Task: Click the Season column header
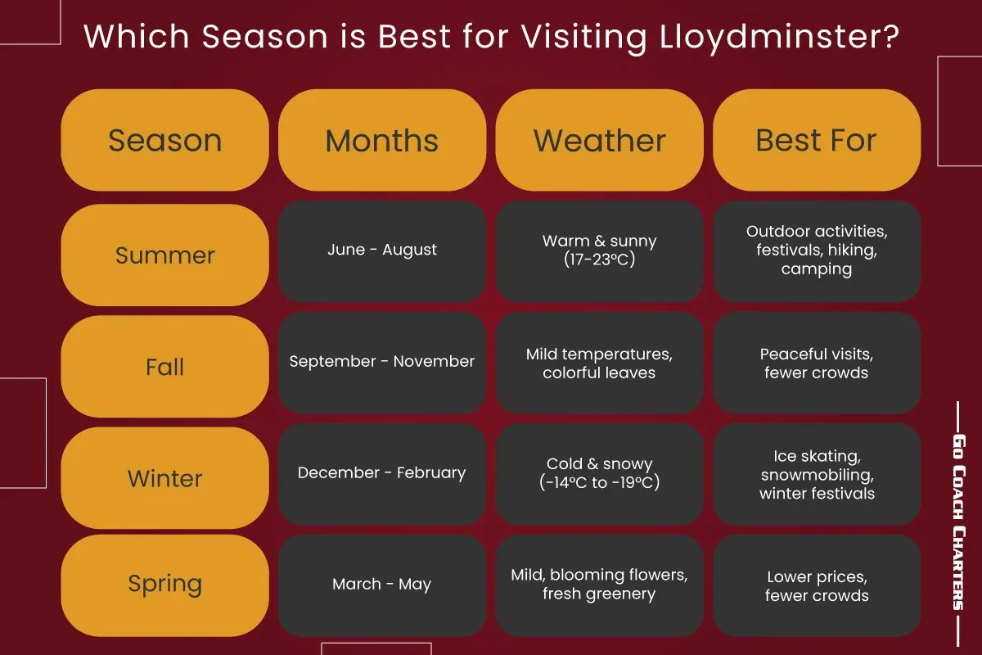tap(164, 141)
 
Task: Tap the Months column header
tap(382, 141)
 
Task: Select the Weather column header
tap(600, 141)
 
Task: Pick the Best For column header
tap(817, 141)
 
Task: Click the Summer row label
tap(164, 255)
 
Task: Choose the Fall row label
tap(164, 367)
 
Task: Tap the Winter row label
tap(164, 478)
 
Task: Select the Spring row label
tap(164, 584)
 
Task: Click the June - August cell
tap(382, 251)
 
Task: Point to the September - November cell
tap(382, 362)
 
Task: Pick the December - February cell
tap(382, 473)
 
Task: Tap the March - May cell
tap(382, 585)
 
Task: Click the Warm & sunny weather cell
tap(600, 251)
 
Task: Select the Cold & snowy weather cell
tap(600, 473)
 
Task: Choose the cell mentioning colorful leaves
tap(600, 363)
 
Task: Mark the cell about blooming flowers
tap(600, 585)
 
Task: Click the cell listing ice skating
tap(817, 475)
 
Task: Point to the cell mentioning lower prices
tap(817, 586)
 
